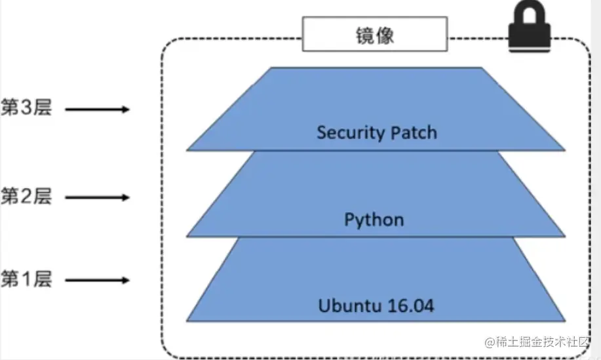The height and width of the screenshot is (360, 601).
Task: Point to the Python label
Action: [x=374, y=219]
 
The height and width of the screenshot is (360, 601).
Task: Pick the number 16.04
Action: [x=410, y=306]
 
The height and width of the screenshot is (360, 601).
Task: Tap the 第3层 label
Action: [x=26, y=108]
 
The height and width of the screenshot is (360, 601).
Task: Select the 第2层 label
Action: [x=26, y=196]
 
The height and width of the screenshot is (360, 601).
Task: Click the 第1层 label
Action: [x=26, y=280]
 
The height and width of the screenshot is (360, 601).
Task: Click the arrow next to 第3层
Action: [x=98, y=110]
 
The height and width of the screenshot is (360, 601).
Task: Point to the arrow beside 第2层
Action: [x=98, y=197]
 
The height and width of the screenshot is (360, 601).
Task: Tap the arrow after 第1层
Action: [x=98, y=281]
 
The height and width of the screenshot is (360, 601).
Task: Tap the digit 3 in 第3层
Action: [x=27, y=108]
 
